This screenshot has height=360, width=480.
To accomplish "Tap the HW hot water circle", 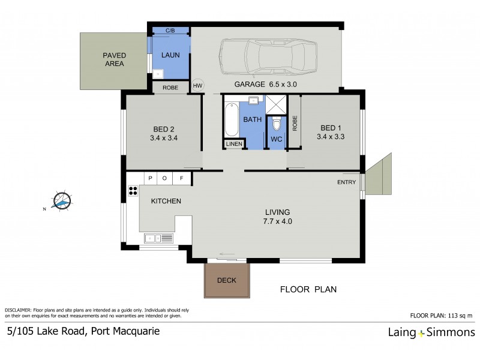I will tap(198, 86).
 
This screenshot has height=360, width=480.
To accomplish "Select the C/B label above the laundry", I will tap(170, 30).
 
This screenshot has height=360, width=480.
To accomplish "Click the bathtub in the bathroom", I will tap(231, 119).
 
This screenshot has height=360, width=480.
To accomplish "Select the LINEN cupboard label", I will tap(234, 144).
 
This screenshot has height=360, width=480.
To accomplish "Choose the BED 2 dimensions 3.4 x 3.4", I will tap(164, 137).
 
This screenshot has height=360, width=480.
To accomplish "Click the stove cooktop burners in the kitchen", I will tap(133, 192).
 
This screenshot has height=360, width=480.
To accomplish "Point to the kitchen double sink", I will tap(158, 238).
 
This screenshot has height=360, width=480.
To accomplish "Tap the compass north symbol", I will tap(61, 202).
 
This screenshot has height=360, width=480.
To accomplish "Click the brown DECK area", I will tap(227, 280).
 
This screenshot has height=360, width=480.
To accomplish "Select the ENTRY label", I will tap(347, 182).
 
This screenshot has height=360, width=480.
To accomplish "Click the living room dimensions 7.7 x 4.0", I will tap(278, 221).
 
